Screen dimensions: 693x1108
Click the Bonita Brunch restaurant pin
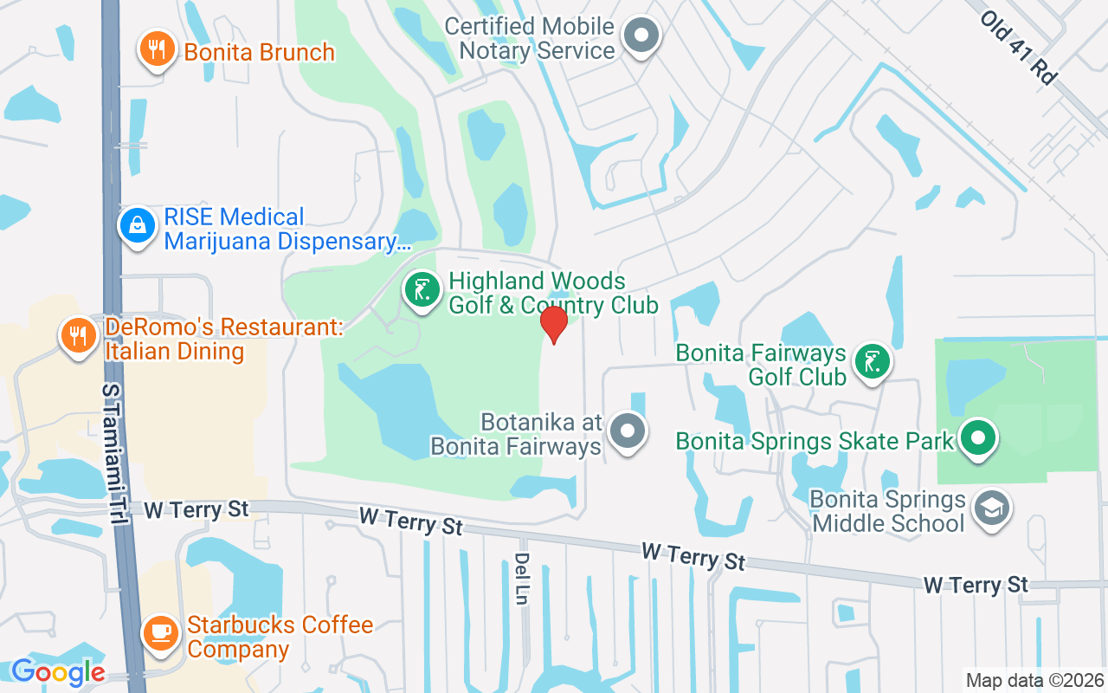click(157, 49)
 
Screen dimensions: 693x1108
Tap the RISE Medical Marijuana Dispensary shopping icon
click(137, 226)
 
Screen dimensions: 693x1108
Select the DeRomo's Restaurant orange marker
click(79, 334)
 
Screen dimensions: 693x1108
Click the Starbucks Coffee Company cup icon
click(160, 633)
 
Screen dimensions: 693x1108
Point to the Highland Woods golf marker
click(422, 290)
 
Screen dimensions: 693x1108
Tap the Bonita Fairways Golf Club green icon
click(872, 361)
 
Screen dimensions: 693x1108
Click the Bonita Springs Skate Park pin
click(978, 437)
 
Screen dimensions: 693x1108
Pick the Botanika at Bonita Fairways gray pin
click(628, 431)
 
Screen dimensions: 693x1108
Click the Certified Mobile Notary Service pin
click(642, 36)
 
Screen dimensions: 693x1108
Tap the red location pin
click(553, 325)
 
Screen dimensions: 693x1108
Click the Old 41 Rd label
click(1019, 47)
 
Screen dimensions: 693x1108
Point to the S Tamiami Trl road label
click(113, 451)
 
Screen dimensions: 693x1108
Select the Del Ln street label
click(521, 578)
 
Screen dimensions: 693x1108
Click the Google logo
click(58, 671)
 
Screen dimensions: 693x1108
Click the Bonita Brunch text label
click(259, 52)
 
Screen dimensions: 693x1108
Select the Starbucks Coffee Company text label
click(280, 637)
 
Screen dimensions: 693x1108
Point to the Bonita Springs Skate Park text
click(815, 441)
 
